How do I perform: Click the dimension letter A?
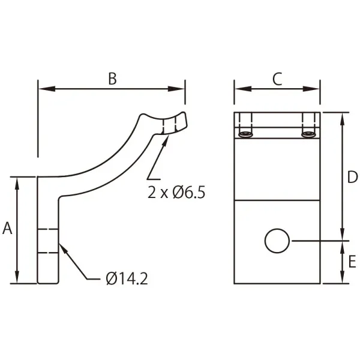(x=7, y=228)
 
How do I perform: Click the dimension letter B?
(x=112, y=79)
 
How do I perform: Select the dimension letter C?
(x=277, y=79)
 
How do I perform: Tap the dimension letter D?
(x=352, y=177)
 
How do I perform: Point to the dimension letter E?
(x=352, y=262)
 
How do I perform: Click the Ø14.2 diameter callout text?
(x=127, y=279)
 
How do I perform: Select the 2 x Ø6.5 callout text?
(x=176, y=193)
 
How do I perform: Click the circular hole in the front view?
(x=277, y=241)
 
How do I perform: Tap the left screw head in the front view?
(x=245, y=134)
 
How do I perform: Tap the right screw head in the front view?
(x=308, y=134)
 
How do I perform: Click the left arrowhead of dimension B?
(x=47, y=89)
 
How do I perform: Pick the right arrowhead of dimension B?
(x=176, y=89)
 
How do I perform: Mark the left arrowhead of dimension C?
(x=243, y=89)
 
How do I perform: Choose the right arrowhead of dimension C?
(x=311, y=89)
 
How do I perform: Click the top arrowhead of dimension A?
(x=17, y=185)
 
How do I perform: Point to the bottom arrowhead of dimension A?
(x=17, y=275)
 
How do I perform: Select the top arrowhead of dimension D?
(x=343, y=121)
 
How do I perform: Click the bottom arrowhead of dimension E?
(x=343, y=275)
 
